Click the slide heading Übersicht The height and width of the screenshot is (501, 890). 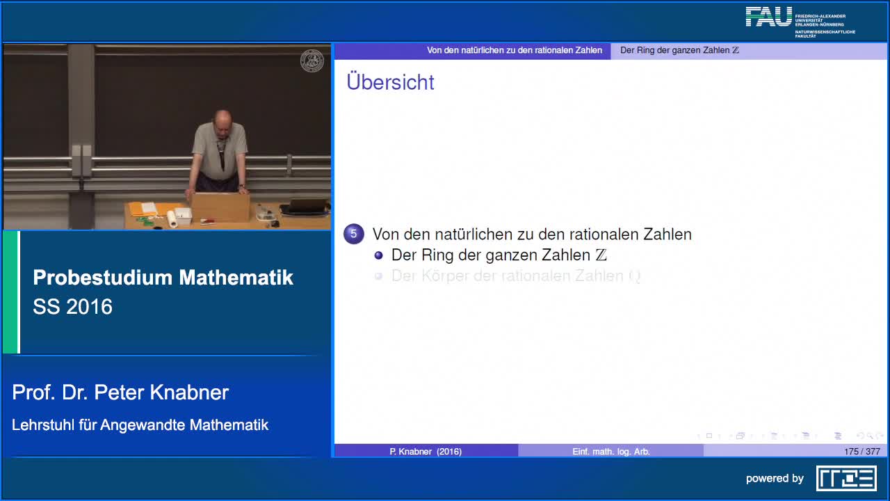(x=390, y=82)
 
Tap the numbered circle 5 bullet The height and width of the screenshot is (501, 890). (x=353, y=234)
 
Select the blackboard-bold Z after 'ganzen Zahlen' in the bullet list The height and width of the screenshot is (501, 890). (x=601, y=255)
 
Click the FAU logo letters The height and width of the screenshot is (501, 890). (x=768, y=17)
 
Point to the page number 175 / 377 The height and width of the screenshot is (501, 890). (x=861, y=452)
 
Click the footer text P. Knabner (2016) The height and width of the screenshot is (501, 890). (x=426, y=452)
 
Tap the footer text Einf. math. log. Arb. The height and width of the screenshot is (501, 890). (x=610, y=452)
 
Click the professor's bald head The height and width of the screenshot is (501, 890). (x=222, y=118)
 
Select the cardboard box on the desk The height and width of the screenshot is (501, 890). (x=220, y=207)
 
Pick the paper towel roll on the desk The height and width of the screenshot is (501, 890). (x=172, y=219)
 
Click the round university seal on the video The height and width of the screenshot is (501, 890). (x=311, y=61)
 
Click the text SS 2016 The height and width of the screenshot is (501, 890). (x=72, y=307)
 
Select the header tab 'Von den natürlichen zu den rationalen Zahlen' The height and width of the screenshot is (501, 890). (x=515, y=50)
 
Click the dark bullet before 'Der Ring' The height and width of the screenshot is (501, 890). (x=379, y=255)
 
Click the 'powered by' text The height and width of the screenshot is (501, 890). (x=775, y=478)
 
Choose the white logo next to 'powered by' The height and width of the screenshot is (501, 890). (x=846, y=478)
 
